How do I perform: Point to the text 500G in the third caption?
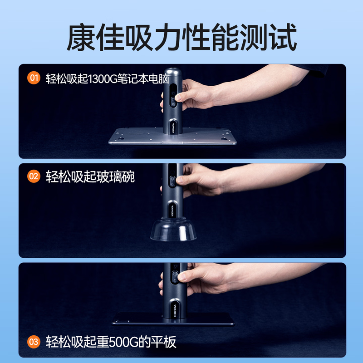point(124,342)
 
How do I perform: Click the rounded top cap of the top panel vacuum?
point(172,74)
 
